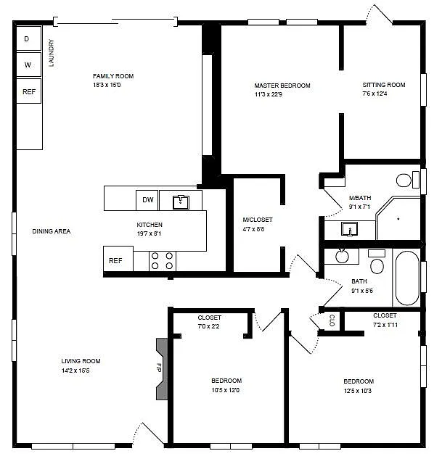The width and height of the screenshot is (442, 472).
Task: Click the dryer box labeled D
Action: [28, 38]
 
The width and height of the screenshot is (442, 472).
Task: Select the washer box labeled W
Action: [28, 65]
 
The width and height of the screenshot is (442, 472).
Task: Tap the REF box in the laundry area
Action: [28, 92]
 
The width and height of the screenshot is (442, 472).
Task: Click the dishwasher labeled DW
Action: [147, 200]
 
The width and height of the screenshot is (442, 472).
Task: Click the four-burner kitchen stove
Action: [163, 260]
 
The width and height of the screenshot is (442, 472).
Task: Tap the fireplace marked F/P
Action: [162, 368]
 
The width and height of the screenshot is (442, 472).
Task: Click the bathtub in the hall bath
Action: [406, 278]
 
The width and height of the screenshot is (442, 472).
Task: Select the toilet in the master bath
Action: [406, 180]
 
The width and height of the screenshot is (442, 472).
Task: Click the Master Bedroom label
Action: [282, 86]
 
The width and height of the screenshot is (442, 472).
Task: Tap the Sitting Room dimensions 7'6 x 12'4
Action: [385, 94]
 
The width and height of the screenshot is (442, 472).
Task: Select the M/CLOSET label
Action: [258, 220]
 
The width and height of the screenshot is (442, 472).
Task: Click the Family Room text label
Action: [113, 76]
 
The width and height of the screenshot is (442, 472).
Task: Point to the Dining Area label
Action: [51, 231]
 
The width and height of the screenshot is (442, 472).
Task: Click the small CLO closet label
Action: [332, 320]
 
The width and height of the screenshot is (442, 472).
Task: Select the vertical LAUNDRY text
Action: [52, 52]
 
